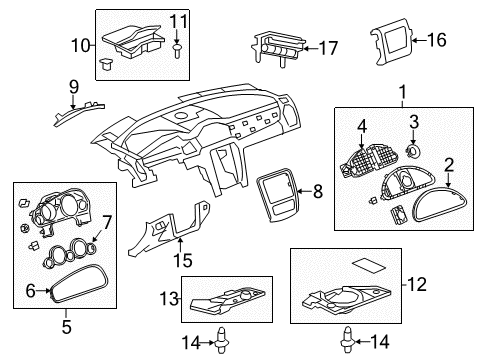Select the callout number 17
click(x=327, y=47)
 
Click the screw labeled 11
click(x=178, y=46)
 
